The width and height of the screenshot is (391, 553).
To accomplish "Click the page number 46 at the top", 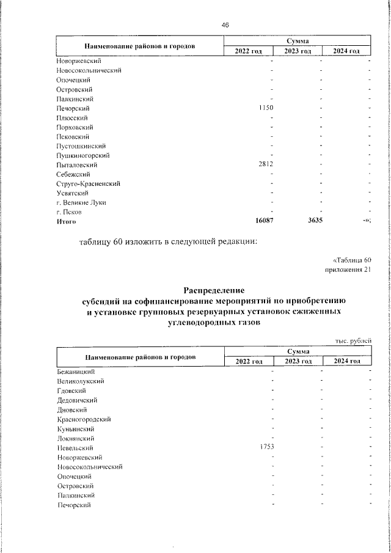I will coord(225,25).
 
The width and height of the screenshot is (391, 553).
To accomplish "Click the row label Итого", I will coord(67,222).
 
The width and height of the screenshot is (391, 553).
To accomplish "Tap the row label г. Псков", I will coord(70,212).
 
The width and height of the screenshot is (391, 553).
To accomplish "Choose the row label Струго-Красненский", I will coord(88,184).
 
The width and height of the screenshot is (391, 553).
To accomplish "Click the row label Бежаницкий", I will coord(76,372).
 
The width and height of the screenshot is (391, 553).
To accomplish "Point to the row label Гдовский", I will coord(71,391).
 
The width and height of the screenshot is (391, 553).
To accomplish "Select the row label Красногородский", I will coord(84,420).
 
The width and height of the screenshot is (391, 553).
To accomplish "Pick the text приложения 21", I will coord(348,270).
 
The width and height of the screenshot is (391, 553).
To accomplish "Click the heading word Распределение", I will coord(214,290).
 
